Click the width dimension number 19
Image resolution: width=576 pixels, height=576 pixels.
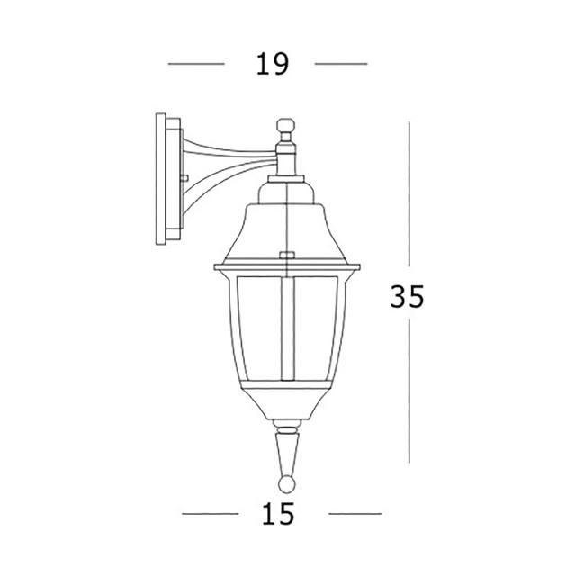(x=270, y=64)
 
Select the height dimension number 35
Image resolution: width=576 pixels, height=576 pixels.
(x=407, y=296)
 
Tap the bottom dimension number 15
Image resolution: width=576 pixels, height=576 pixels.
(x=280, y=514)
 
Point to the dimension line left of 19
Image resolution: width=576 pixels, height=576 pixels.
(x=196, y=64)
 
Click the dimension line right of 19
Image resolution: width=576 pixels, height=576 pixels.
(x=341, y=64)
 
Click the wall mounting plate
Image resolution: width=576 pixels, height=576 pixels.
(x=167, y=180)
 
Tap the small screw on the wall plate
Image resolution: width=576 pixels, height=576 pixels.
(x=184, y=178)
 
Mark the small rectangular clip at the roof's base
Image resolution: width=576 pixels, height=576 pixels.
(x=287, y=256)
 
